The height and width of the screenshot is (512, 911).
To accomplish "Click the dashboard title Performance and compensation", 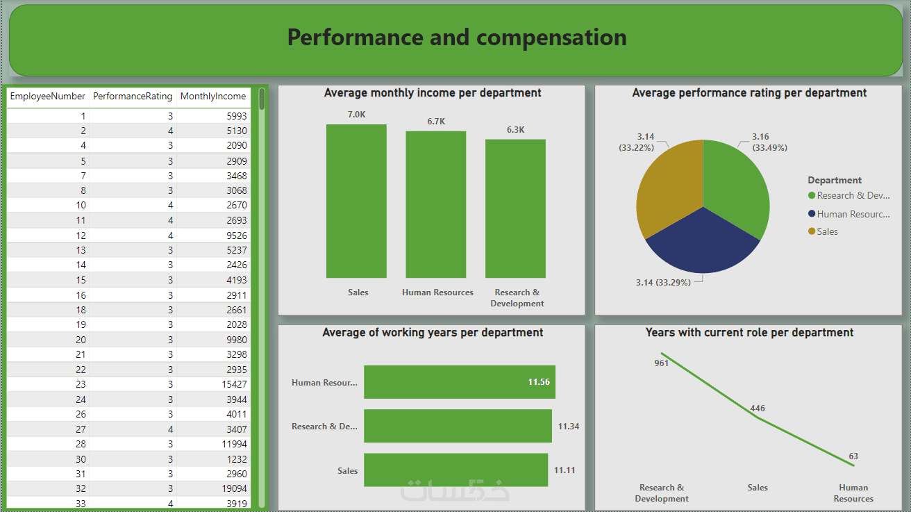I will [x=456, y=38].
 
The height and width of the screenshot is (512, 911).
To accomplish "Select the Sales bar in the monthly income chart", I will [x=356, y=201].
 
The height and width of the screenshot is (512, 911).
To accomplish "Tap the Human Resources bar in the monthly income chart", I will [x=436, y=205].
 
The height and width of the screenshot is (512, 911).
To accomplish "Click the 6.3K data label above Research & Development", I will [x=516, y=130].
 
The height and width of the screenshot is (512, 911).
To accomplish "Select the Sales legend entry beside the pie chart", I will [x=826, y=231].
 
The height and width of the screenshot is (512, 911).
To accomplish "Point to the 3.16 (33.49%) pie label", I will [x=769, y=142].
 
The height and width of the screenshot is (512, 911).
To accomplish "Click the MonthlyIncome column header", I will [x=212, y=97].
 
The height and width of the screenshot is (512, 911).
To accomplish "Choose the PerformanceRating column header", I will [x=132, y=97].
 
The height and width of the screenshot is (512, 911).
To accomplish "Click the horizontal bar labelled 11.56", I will [x=459, y=382].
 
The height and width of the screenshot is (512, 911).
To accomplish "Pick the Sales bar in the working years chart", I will [x=455, y=470].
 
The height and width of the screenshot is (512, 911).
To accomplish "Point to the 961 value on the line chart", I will [x=661, y=363].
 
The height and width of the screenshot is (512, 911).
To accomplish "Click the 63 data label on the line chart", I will [x=853, y=456].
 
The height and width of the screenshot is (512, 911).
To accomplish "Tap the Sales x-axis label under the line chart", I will [x=758, y=488].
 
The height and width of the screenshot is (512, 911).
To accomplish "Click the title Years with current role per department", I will [x=749, y=333].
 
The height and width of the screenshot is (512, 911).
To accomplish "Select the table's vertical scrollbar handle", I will [x=262, y=99].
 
